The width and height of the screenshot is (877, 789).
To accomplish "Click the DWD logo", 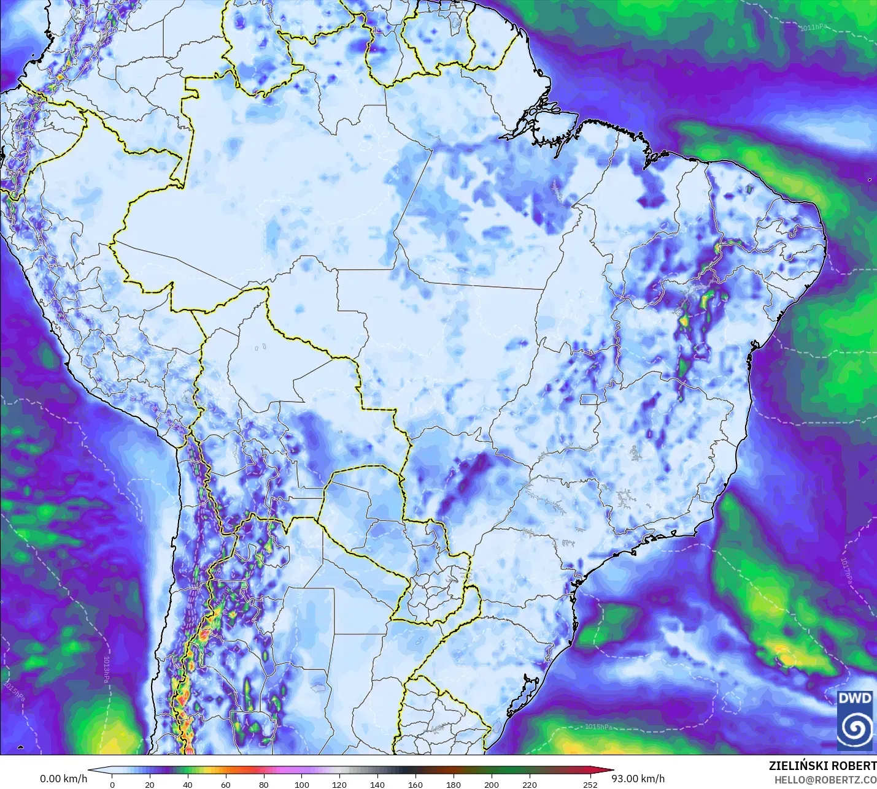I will (x=856, y=720).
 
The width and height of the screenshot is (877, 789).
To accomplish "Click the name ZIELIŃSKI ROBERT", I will (x=822, y=766).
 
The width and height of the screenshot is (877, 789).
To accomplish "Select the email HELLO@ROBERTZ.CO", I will (x=825, y=780).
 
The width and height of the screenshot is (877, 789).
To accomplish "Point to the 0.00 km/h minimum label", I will (x=64, y=779).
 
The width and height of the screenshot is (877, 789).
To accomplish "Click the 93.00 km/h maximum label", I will (x=638, y=779).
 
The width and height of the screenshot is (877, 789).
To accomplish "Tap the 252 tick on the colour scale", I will (x=590, y=785).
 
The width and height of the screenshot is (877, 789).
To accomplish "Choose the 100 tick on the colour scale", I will (x=301, y=785).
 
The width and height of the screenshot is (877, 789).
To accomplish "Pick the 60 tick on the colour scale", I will (x=225, y=785).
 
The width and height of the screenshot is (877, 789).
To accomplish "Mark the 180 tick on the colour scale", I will (x=453, y=785).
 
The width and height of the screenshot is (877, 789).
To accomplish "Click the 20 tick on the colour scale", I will (x=150, y=785).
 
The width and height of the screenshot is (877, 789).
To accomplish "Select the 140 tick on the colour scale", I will (x=377, y=785).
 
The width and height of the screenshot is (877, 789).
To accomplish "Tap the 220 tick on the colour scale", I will (x=529, y=785).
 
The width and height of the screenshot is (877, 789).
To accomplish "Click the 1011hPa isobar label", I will (x=817, y=28).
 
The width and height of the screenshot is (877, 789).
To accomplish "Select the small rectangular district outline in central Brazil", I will (x=589, y=400).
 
